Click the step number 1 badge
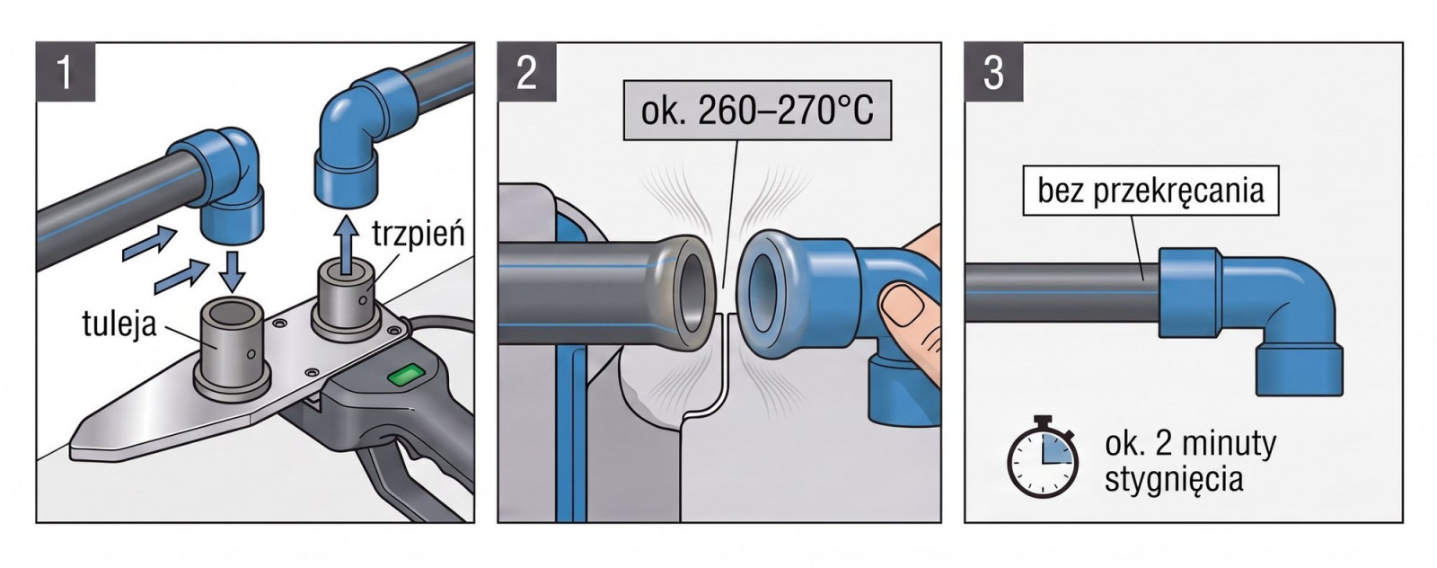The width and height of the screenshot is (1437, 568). tap(66, 72)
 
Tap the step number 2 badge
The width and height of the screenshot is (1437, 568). tap(526, 72)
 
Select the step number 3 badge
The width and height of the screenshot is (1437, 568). tap(993, 72)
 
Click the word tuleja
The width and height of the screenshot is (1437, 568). tap(119, 324)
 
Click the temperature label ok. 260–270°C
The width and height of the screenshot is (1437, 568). tap(758, 111)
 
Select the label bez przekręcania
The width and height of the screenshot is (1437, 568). tap(1150, 191)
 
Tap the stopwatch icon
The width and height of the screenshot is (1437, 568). tap(1043, 457)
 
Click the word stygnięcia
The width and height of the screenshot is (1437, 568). tap(1173, 480)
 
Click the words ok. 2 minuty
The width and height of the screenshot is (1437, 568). tap(1190, 444)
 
